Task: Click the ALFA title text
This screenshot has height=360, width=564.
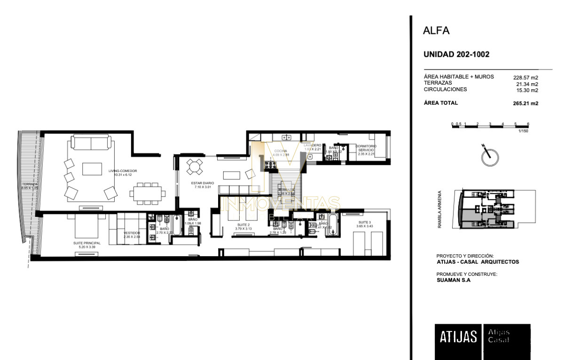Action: point(437,31)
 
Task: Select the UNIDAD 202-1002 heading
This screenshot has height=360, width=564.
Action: point(456,55)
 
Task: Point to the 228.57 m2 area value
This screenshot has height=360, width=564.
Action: point(525,78)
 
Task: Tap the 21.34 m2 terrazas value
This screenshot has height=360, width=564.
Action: point(527,84)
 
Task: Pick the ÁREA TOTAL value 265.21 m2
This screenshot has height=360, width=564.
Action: point(525,103)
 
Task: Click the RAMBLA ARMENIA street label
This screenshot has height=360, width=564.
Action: point(440,209)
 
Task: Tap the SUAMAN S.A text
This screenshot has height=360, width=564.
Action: point(454,280)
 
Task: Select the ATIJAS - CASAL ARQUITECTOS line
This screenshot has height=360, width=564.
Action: point(478,262)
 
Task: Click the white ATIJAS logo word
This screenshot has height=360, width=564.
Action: point(458,337)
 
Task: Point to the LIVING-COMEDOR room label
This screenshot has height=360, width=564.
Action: point(122,171)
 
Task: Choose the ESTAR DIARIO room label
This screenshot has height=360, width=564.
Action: point(203,183)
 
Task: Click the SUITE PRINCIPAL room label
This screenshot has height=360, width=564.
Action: point(85,243)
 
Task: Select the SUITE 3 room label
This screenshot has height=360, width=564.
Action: point(364,222)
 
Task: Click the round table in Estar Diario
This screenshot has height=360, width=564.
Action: point(194,167)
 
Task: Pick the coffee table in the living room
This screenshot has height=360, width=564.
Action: point(92,169)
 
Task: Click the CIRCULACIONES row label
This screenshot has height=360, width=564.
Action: point(445,89)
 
